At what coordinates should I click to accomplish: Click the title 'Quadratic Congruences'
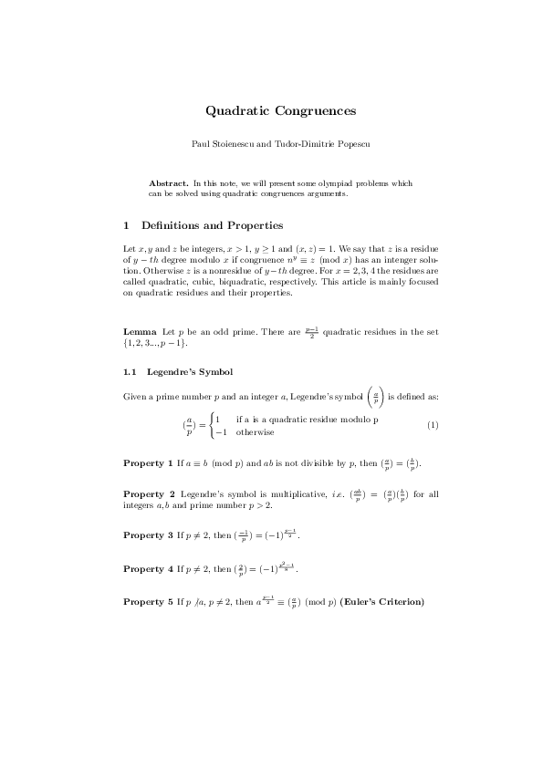pos(280,111)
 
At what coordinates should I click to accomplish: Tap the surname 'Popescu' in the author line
pos(349,144)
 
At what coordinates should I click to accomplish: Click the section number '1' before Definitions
pos(126,225)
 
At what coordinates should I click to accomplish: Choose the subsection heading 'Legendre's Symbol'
pos(190,371)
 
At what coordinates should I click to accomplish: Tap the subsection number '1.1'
pos(130,371)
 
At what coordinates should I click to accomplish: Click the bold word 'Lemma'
pos(140,331)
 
